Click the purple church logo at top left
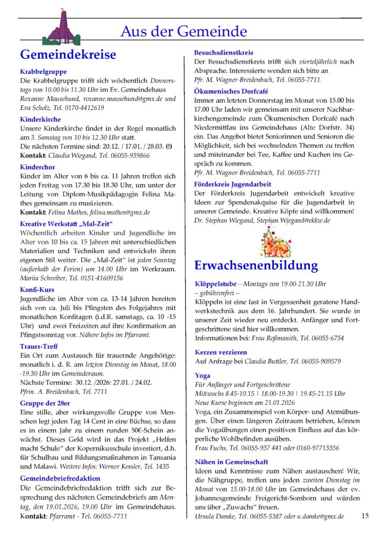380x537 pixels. click(62, 28)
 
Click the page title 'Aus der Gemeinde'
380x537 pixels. click(184, 31)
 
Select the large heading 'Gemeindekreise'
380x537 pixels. click(68, 55)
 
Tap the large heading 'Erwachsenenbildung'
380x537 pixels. click(256, 265)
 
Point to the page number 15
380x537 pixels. click(365, 515)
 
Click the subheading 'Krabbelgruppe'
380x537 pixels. click(43, 71)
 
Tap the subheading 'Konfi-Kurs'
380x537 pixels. click(37, 289)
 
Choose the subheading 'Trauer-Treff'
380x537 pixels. click(40, 347)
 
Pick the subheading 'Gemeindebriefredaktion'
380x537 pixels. click(60, 478)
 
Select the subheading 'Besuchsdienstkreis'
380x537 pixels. click(224, 53)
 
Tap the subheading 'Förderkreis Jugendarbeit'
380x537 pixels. click(233, 184)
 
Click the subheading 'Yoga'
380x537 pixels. click(202, 375)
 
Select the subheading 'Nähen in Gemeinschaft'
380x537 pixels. click(231, 462)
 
